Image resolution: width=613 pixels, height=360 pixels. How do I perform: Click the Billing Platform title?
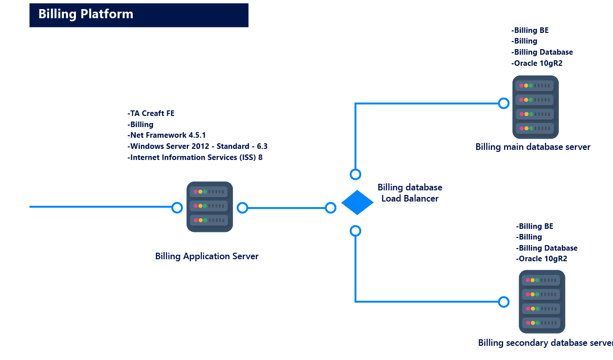86,14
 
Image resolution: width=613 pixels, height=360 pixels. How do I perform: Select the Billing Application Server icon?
209,207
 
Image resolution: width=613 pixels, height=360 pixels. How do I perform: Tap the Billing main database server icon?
535,107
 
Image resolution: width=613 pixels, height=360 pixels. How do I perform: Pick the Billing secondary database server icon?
542,301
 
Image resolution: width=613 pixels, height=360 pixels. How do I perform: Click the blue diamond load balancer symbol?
357,203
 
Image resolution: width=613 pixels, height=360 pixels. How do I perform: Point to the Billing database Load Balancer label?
410,193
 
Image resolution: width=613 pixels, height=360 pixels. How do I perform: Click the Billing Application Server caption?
207,256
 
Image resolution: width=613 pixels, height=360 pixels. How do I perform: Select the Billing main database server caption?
532,147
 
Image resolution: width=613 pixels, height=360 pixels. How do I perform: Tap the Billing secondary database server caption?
545,343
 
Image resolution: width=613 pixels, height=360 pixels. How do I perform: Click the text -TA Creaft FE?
151,113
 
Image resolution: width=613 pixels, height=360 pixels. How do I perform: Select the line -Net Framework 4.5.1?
167,135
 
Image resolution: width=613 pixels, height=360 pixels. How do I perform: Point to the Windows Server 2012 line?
198,146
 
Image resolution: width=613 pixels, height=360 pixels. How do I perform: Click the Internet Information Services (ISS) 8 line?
195,157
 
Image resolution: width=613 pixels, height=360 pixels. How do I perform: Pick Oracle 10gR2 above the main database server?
537,63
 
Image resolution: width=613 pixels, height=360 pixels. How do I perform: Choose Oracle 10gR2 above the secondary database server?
542,259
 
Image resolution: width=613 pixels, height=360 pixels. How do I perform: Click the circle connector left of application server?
177,208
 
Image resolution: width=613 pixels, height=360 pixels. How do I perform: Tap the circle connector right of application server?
243,208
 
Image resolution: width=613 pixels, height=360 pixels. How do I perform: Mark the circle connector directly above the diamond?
356,174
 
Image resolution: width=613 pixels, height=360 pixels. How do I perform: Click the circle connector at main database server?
504,103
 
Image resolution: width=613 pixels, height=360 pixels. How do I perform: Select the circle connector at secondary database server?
504,302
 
